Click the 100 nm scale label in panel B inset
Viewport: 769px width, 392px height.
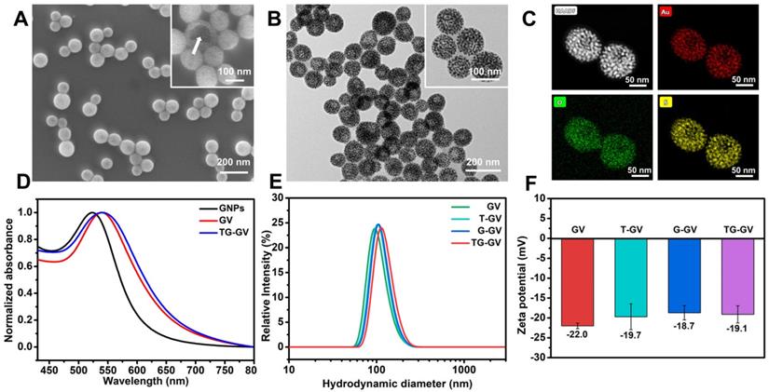pyautogui.click(x=486, y=72)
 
